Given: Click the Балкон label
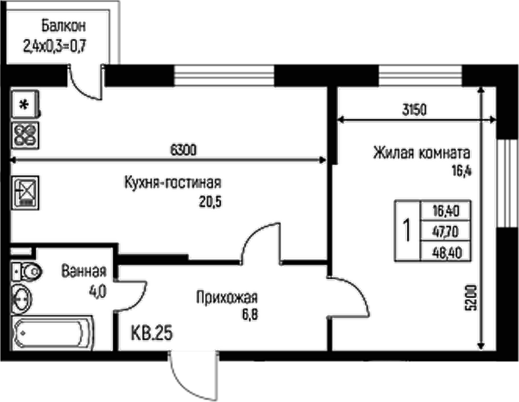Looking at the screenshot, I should (x=63, y=28).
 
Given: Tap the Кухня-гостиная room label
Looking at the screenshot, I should (x=172, y=183).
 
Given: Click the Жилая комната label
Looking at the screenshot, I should (x=422, y=152).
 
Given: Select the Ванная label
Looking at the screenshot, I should (x=84, y=272).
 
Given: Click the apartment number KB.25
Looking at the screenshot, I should (x=152, y=333).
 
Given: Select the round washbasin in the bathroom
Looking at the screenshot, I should (x=23, y=298).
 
